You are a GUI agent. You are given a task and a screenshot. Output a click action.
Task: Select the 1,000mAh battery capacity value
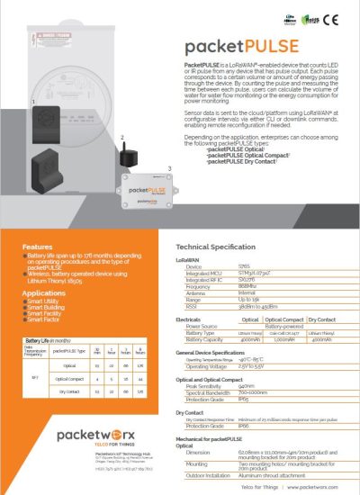(x=284, y=338)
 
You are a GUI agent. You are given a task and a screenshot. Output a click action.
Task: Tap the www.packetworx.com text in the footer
(x=315, y=485)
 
